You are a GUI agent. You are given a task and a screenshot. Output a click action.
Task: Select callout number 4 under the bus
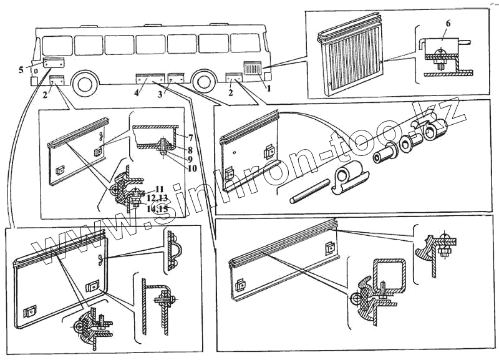[x=137, y=94]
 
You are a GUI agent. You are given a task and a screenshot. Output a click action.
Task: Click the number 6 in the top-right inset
[x=447, y=23]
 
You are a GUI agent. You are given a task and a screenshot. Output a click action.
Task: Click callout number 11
[x=160, y=188]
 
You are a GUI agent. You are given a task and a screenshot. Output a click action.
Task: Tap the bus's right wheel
[x=203, y=82]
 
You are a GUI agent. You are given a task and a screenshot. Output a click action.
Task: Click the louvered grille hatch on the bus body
[x=253, y=67]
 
